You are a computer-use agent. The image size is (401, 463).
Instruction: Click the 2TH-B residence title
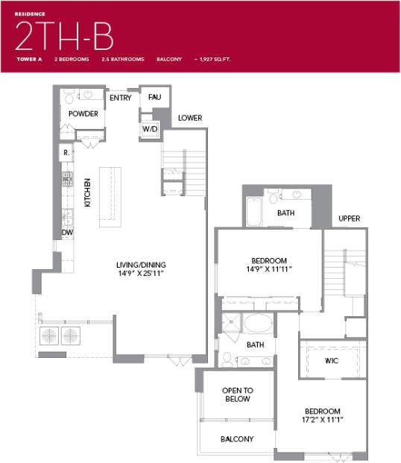tap(63, 36)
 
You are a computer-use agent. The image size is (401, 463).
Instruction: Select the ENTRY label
tap(121, 98)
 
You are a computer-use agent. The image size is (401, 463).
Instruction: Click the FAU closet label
tap(154, 98)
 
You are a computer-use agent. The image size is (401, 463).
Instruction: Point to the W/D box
tap(150, 129)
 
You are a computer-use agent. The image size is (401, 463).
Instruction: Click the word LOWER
tap(190, 118)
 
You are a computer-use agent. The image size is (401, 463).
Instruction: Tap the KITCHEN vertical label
tap(88, 192)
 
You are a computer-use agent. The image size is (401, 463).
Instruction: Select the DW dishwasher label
tap(67, 233)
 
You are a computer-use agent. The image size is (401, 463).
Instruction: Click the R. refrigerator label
tap(66, 153)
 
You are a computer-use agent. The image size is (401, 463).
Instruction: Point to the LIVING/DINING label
tap(141, 265)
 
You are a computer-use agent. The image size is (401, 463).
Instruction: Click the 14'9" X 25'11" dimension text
tap(141, 274)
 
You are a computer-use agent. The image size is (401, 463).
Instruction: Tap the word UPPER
tap(349, 218)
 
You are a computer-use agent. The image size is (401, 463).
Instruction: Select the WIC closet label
tap(332, 360)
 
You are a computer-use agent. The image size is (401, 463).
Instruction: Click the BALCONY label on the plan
tap(237, 439)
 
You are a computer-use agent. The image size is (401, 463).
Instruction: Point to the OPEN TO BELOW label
tap(238, 394)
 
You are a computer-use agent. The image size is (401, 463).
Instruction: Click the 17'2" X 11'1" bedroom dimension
tap(322, 421)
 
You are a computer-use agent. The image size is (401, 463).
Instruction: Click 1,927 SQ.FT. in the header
tap(217, 59)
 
